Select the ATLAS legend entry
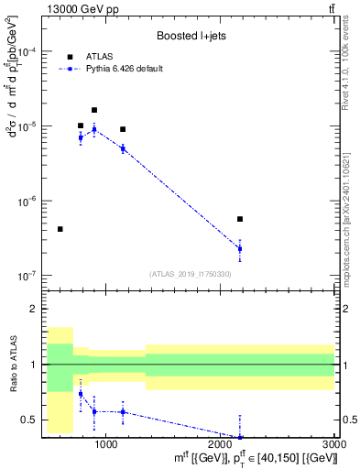pos(101,56)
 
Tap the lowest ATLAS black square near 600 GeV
pos(60,229)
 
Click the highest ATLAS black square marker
pos(94,110)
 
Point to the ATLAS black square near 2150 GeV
pos(240,219)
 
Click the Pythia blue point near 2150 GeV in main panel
pos(240,248)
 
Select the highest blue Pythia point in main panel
pos(94,129)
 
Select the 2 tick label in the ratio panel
pos(35,310)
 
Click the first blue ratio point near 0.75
pos(81,394)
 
